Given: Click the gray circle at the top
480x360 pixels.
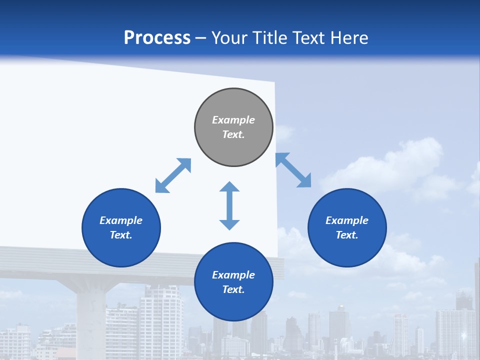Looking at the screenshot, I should pyautogui.click(x=233, y=127).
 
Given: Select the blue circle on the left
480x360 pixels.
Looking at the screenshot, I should pyautogui.click(x=121, y=227).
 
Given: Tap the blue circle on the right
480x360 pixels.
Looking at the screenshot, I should pyautogui.click(x=347, y=227).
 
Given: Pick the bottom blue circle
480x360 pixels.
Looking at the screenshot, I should pyautogui.click(x=233, y=281).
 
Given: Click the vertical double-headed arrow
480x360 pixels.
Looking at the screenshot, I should pyautogui.click(x=229, y=205).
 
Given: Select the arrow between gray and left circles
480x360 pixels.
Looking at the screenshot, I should pyautogui.click(x=173, y=175).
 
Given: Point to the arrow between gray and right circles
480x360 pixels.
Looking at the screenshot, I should pyautogui.click(x=293, y=170).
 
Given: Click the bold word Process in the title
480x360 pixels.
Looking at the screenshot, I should pyautogui.click(x=157, y=38).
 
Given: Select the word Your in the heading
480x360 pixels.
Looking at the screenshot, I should pyautogui.click(x=230, y=38).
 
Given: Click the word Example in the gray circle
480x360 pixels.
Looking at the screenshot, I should pyautogui.click(x=233, y=120).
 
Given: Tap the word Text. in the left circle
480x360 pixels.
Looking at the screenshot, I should pyautogui.click(x=121, y=235).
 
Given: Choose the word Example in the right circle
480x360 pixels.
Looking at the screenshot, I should pyautogui.click(x=347, y=220).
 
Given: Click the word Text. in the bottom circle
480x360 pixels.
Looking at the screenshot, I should pyautogui.click(x=233, y=289).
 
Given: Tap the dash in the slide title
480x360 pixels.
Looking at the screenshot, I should pyautogui.click(x=201, y=38).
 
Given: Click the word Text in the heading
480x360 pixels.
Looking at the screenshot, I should pyautogui.click(x=308, y=38).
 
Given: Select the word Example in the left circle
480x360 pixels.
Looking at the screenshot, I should pyautogui.click(x=121, y=220).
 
